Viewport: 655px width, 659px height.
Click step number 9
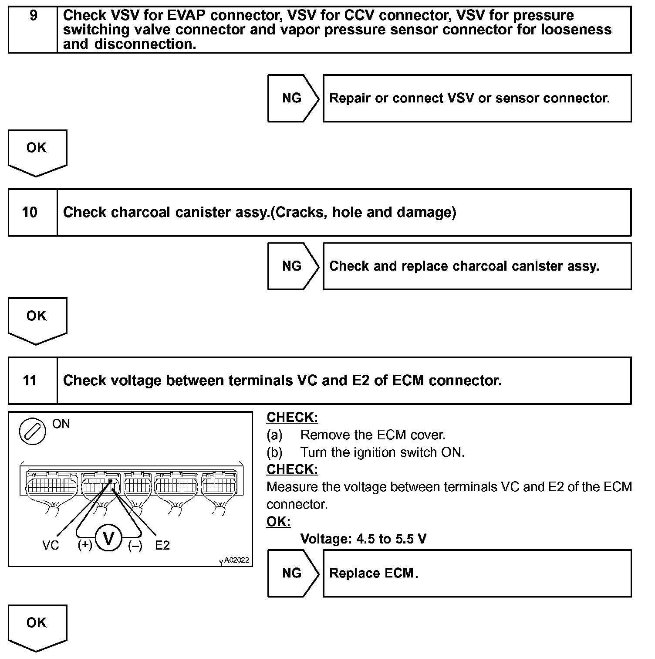(x=33, y=16)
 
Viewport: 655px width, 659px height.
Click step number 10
(x=30, y=212)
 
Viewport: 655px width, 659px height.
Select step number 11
(x=30, y=380)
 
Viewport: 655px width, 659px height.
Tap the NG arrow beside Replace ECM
(x=292, y=573)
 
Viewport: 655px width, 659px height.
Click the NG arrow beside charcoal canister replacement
(x=292, y=266)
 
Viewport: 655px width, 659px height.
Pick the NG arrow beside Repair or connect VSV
(x=292, y=98)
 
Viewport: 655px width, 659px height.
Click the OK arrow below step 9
(x=37, y=151)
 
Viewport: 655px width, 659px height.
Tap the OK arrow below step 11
(x=37, y=626)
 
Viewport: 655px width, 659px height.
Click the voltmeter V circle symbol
(x=108, y=539)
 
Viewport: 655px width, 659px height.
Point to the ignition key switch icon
(x=32, y=431)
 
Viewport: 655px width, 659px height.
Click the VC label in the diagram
(x=51, y=545)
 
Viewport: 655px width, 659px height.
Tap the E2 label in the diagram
(x=162, y=545)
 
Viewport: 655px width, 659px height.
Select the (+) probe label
(x=85, y=545)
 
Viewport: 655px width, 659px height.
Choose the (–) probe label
(x=135, y=545)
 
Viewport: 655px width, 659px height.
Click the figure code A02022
(x=236, y=560)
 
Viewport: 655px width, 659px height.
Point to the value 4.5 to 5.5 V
(x=391, y=539)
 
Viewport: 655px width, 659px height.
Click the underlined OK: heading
(x=278, y=522)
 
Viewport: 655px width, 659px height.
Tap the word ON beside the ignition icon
(x=61, y=424)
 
